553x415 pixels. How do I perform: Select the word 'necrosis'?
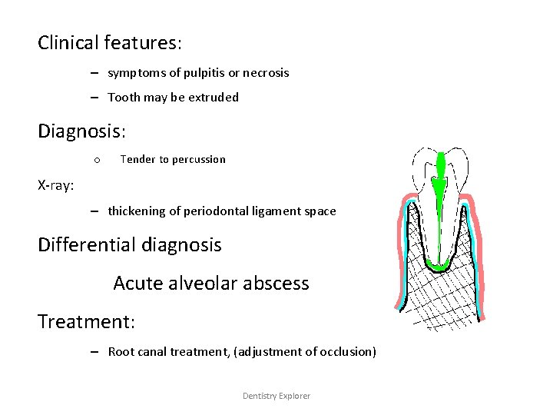266,73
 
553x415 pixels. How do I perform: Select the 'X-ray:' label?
56,184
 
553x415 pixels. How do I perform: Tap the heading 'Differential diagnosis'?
130,245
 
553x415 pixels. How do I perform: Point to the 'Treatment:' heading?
86,321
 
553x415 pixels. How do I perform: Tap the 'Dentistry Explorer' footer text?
276,396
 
